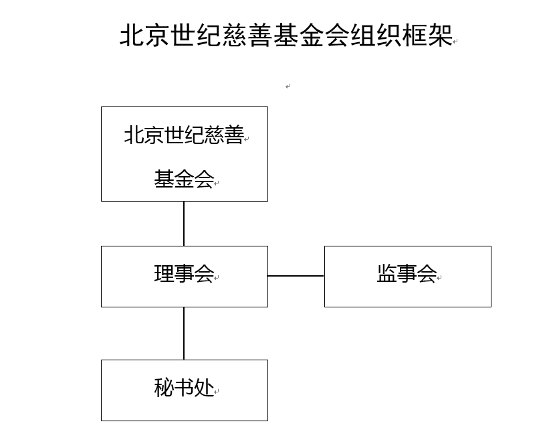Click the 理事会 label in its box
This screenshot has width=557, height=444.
(184, 274)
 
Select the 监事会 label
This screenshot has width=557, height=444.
(407, 274)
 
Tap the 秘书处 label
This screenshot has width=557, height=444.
(184, 388)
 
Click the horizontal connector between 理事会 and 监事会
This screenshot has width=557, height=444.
(296, 276)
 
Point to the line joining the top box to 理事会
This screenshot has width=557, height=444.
(184, 224)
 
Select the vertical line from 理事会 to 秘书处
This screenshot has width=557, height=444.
(184, 334)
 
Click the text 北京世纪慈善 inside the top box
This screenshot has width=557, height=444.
(184, 135)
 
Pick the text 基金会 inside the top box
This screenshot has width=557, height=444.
(184, 179)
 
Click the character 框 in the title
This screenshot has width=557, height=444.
(415, 35)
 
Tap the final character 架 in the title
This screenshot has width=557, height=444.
(440, 35)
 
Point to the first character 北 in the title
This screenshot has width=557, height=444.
(132, 35)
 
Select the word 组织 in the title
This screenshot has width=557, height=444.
(376, 35)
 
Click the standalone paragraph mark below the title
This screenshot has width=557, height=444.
(288, 86)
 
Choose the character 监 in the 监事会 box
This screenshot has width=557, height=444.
(386, 274)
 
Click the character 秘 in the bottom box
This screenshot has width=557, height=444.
(164, 388)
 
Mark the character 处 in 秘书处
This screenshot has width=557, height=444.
(205, 388)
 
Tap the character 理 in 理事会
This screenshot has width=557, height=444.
(164, 274)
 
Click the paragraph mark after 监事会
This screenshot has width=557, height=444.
(439, 278)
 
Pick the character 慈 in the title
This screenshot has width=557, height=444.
(235, 35)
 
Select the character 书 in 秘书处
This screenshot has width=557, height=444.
(184, 388)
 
